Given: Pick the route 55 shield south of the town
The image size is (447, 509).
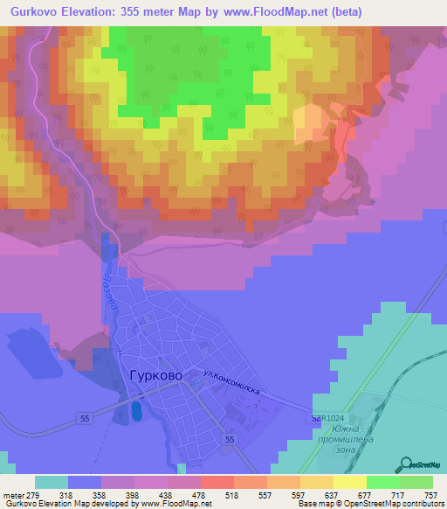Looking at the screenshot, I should pos(230,439).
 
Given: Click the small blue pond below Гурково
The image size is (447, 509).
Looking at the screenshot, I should pos(134,410).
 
